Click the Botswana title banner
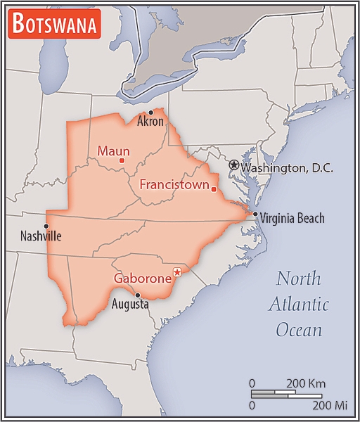pyautogui.click(x=55, y=25)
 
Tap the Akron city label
pyautogui.click(x=150, y=122)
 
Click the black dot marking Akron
pyautogui.click(x=150, y=113)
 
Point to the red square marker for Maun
pyautogui.click(x=122, y=161)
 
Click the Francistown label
pyautogui.click(x=174, y=185)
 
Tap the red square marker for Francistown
pyautogui.click(x=214, y=188)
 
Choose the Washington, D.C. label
pyautogui.click(x=286, y=169)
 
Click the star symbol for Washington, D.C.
pyautogui.click(x=233, y=164)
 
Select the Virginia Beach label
pyautogui.click(x=292, y=219)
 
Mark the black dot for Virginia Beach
pyautogui.click(x=255, y=215)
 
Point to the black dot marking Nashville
pyautogui.click(x=46, y=226)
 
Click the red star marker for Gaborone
pyautogui.click(x=177, y=272)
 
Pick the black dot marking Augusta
pyautogui.click(x=138, y=295)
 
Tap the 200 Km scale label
pyautogui.click(x=304, y=383)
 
